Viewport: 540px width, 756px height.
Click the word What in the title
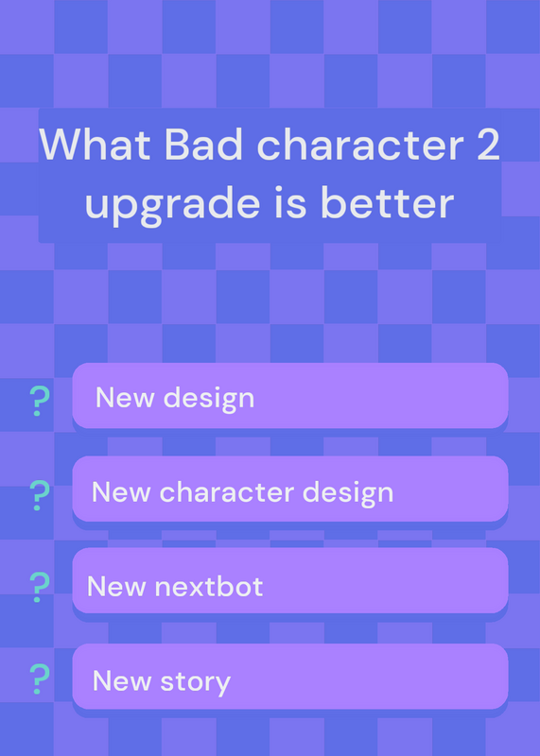[95, 145]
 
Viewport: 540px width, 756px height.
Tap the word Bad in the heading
[203, 145]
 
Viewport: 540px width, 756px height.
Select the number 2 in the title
[485, 145]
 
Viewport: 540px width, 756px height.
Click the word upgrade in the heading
[173, 204]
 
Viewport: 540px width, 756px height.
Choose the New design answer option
[290, 395]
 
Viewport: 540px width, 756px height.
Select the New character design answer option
[290, 489]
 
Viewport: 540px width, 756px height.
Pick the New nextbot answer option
[290, 580]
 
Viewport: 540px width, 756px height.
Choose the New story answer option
[290, 677]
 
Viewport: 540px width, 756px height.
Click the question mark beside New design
[39, 401]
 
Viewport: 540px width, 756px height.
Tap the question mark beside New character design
[39, 495]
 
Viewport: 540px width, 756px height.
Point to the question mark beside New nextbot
[39, 587]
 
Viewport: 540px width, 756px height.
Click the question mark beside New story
[39, 679]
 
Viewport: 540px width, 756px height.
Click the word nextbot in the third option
[208, 586]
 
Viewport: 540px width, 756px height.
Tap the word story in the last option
[196, 682]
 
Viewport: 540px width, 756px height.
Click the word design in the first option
[208, 399]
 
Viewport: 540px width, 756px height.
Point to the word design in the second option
[347, 493]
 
